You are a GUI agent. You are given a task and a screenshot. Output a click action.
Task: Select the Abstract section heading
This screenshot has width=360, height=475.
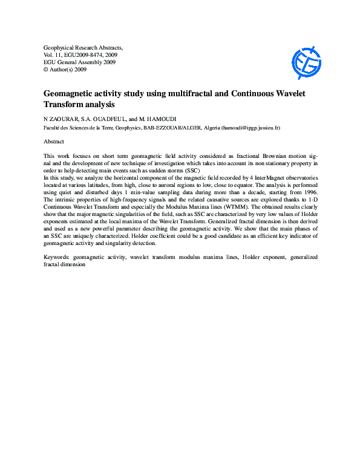54,141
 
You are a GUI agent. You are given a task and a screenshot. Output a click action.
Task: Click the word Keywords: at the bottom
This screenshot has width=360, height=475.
58,257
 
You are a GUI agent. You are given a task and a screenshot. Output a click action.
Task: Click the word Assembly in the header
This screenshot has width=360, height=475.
87,62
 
